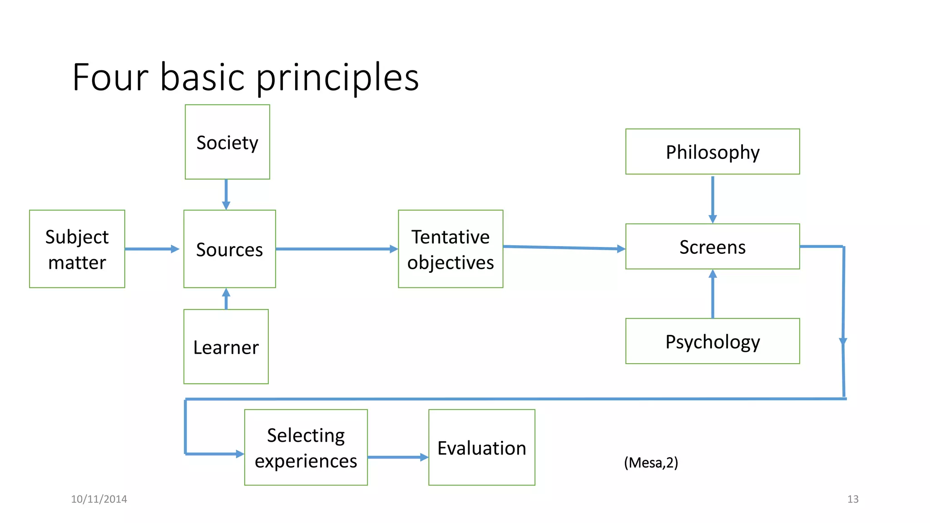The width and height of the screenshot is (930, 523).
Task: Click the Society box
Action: (227, 142)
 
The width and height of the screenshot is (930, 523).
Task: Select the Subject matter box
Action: (77, 249)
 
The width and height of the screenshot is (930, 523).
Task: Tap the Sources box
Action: (229, 249)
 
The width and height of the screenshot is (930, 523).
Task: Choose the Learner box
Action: (226, 347)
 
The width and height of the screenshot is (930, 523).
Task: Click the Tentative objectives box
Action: (450, 249)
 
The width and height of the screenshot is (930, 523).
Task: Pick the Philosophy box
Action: (712, 152)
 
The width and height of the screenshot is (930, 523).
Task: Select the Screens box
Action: (712, 247)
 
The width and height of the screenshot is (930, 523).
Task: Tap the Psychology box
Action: (712, 341)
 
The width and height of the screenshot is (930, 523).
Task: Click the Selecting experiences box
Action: (306, 447)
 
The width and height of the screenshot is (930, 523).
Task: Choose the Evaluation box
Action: (481, 447)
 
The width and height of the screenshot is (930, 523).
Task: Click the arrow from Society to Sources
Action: (226, 194)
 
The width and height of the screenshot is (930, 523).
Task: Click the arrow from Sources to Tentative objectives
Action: (336, 249)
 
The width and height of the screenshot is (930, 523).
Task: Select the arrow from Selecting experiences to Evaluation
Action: (397, 457)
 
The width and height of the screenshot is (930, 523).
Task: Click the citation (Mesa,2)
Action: (651, 463)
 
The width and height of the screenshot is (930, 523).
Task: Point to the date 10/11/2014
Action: (99, 499)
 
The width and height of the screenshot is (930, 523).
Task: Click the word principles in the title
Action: (337, 78)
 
